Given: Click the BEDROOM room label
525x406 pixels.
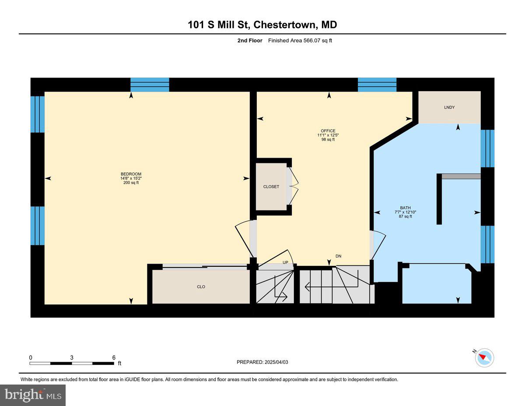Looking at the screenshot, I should pos(131,174).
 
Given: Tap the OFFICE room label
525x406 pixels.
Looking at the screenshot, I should pos(328,131).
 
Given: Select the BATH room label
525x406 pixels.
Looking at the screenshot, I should pos(405,208).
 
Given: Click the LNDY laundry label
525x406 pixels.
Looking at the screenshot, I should pos(449,107).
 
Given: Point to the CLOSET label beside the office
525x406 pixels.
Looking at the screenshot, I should pos(271,187).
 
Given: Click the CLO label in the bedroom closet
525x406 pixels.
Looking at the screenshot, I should pos(201,287).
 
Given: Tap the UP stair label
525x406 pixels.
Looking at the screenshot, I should pos(285,263).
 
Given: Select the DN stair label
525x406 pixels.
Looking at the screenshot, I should pos(338,256).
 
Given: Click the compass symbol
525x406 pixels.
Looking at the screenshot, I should pos(484,358).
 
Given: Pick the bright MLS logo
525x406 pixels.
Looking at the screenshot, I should pos(33,395).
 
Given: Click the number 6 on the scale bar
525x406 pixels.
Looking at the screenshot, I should pos(114,357).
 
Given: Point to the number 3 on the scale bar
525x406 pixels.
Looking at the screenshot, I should pos(72,357).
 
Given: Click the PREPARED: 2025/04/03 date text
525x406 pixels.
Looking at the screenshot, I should pos(262,362).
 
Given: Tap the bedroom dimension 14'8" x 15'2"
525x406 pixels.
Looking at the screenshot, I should pos(131,178).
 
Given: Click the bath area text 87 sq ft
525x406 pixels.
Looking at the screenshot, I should pos(405,216).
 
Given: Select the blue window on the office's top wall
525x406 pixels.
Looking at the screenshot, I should pos(377,85).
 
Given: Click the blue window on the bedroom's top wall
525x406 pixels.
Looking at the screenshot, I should pos(150,85).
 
